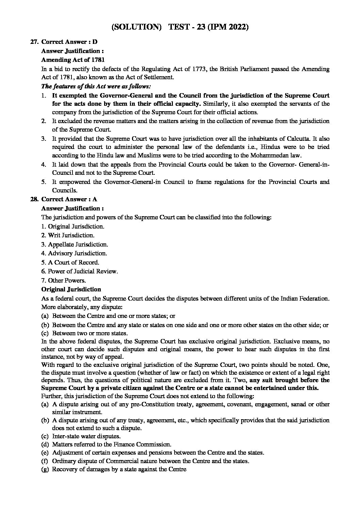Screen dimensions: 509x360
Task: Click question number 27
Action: [33, 42]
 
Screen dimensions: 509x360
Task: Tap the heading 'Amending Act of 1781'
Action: [70, 60]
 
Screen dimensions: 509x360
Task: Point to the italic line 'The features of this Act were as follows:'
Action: [96, 87]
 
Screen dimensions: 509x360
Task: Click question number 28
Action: [33, 199]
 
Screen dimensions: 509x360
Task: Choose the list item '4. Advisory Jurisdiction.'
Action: [74, 253]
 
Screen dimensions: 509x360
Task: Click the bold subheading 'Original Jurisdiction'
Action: [71, 290]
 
